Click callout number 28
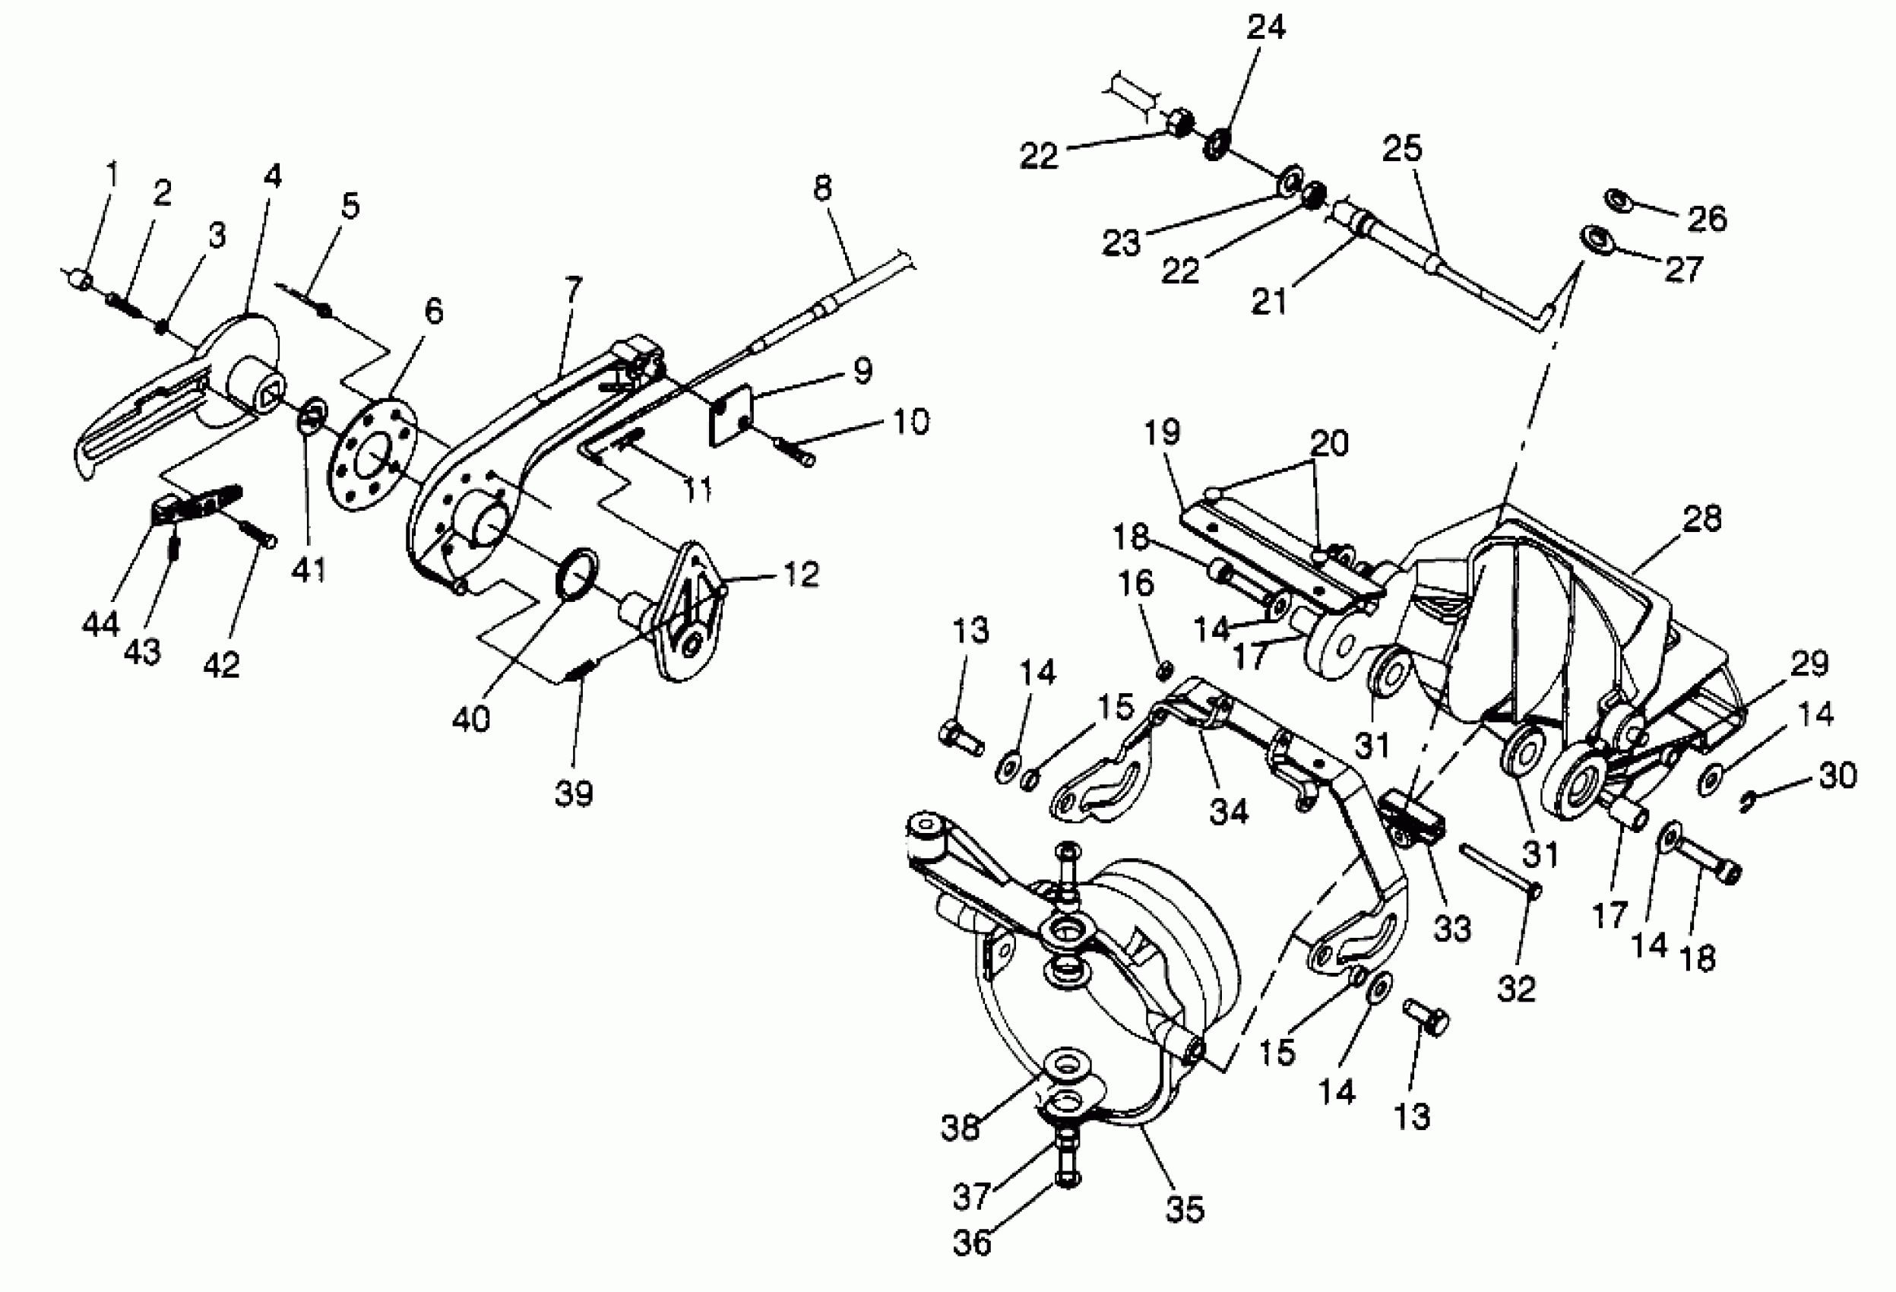click(x=1701, y=519)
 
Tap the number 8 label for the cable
click(x=822, y=188)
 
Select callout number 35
click(x=1184, y=1208)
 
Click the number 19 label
click(x=1162, y=432)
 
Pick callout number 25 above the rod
click(x=1401, y=148)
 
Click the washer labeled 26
click(x=1617, y=199)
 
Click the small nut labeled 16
click(x=1165, y=670)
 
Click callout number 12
click(x=800, y=575)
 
